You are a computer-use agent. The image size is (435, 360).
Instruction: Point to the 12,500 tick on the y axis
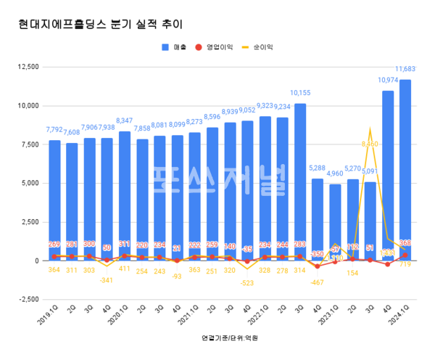point(28,67)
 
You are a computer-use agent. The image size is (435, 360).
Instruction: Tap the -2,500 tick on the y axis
point(28,299)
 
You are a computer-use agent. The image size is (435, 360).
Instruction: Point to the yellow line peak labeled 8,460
point(370,130)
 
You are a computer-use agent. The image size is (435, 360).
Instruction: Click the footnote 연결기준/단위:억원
point(230,338)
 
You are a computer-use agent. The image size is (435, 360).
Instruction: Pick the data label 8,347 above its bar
point(125,121)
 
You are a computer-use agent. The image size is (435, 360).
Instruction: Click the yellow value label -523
point(247,283)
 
